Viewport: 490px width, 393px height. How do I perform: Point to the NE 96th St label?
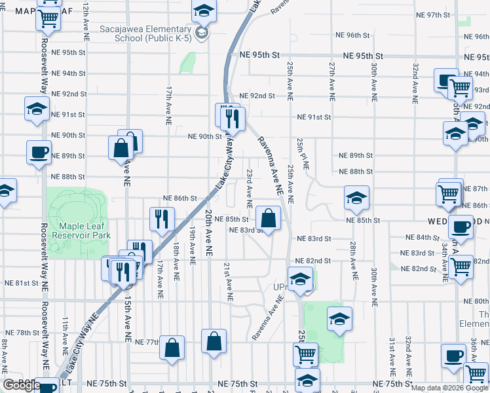[353, 35]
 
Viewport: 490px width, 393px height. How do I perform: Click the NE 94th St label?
[69, 73]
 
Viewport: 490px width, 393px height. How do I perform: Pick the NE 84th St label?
[422, 237]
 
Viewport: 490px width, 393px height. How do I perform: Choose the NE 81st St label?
[22, 283]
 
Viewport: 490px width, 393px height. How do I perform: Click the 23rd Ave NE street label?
[250, 185]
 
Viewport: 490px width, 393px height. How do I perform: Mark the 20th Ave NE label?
[207, 233]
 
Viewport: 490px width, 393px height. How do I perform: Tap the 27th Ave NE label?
[332, 77]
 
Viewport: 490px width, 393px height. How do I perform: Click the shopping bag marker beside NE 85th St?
[269, 219]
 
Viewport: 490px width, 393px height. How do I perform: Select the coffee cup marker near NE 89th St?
[39, 153]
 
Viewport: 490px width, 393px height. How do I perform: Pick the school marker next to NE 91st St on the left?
[37, 109]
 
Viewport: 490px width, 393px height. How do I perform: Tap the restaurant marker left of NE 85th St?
[161, 219]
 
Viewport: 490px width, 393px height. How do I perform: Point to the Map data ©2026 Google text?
[449, 388]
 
